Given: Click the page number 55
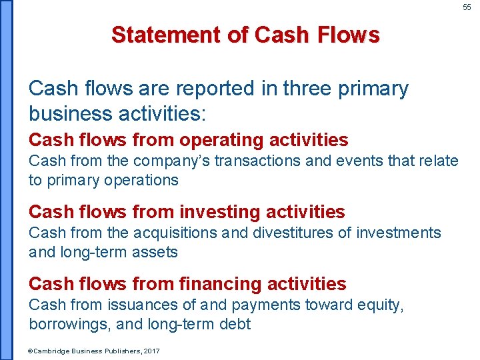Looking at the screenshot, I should click(x=467, y=7).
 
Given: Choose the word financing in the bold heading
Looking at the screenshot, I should click(x=222, y=284).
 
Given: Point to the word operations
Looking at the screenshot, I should click(x=145, y=180).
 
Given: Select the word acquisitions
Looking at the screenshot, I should click(x=175, y=233).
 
